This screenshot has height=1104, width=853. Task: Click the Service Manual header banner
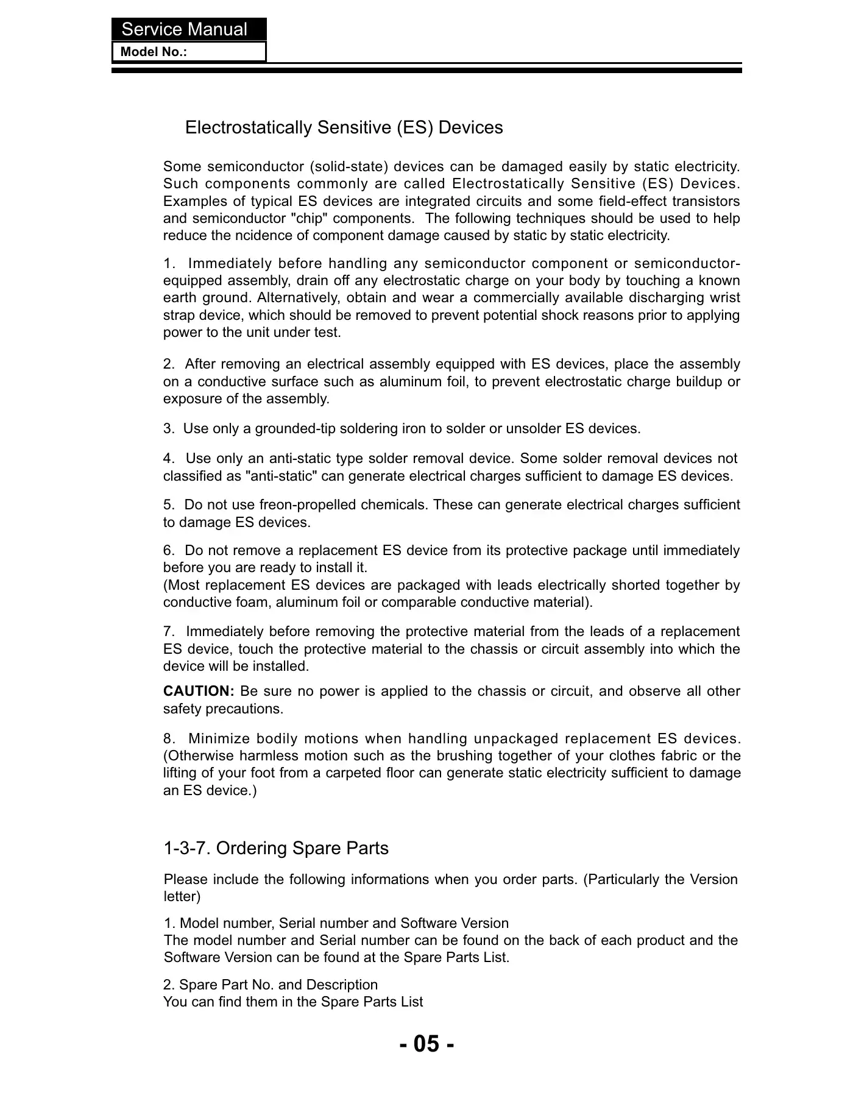(x=188, y=29)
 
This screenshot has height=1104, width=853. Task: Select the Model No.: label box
(x=188, y=52)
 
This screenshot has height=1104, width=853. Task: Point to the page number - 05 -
(x=426, y=1044)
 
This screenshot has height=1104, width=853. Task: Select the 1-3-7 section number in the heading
(x=187, y=848)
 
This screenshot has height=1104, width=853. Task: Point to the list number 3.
(x=168, y=429)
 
